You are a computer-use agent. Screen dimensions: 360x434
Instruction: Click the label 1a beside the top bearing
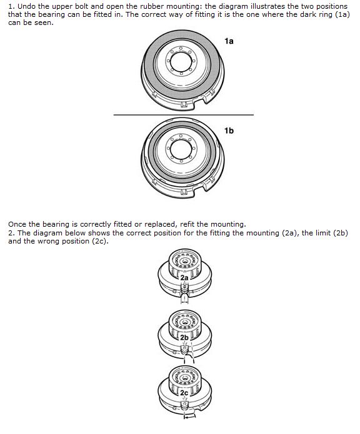click(229, 41)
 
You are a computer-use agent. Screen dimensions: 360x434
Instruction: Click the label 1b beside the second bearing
click(229, 131)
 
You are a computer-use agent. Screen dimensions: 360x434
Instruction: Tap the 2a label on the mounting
click(184, 278)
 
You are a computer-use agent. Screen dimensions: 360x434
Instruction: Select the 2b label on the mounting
click(184, 337)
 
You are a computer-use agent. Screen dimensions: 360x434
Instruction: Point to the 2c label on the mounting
click(184, 393)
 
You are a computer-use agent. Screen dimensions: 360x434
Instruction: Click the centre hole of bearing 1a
click(181, 62)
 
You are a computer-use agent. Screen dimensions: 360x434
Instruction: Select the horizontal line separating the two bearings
click(184, 115)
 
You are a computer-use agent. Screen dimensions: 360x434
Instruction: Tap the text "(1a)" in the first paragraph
click(342, 14)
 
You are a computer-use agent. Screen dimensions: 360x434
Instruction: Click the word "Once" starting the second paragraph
click(17, 224)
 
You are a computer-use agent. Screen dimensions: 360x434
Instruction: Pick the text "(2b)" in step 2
click(341, 233)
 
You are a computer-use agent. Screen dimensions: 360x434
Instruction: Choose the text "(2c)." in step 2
click(100, 241)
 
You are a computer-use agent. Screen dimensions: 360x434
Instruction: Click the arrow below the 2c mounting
click(190, 416)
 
